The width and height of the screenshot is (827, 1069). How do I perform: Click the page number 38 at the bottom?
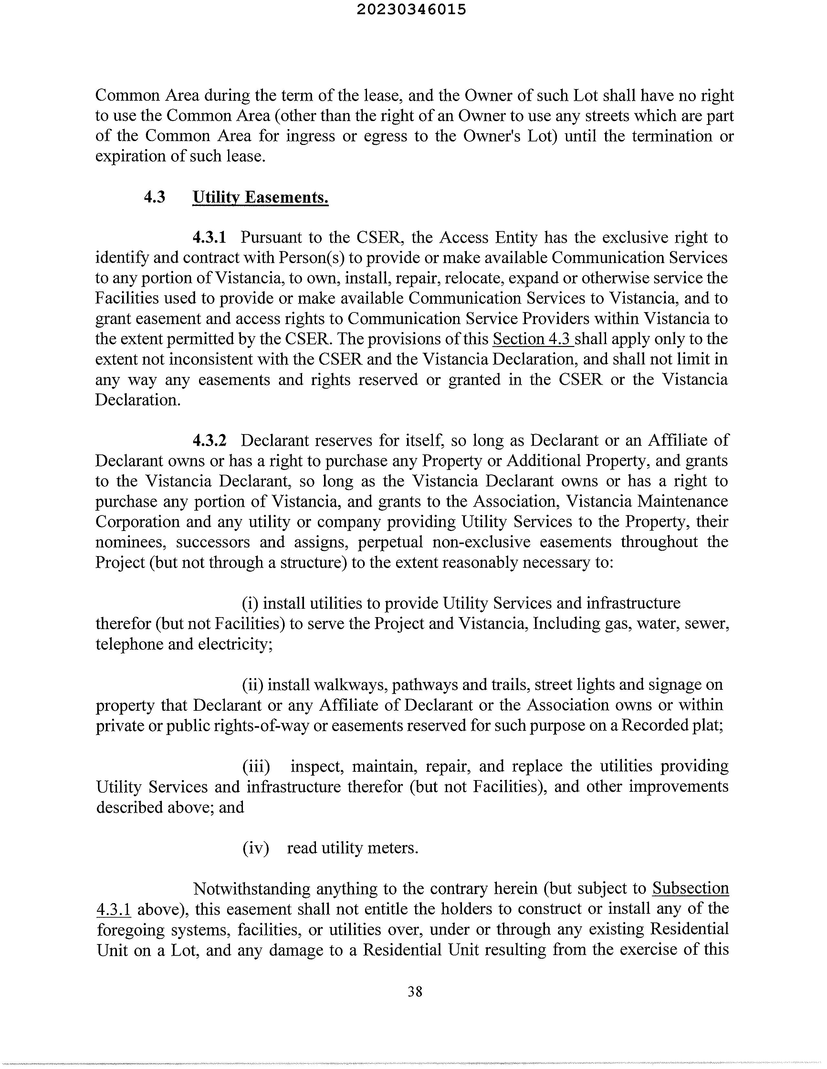[x=414, y=991]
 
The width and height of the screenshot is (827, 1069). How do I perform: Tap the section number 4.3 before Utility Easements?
[x=154, y=197]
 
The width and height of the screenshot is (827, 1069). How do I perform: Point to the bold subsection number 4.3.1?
[x=210, y=238]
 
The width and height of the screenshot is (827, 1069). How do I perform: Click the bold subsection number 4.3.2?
[x=210, y=441]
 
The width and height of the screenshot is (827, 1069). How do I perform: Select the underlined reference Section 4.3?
[x=533, y=339]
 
